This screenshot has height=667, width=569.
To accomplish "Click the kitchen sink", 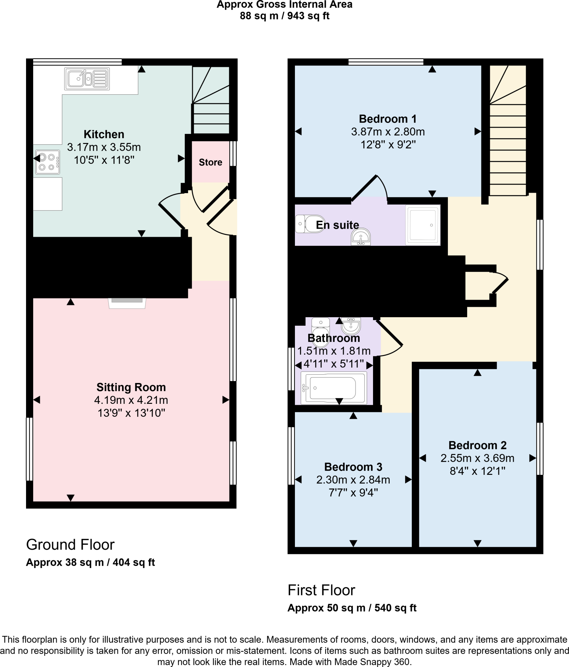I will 87,78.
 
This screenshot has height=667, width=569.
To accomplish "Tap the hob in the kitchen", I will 48,162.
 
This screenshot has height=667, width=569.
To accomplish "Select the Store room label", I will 210,162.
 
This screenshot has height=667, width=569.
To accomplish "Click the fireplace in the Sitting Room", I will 127,303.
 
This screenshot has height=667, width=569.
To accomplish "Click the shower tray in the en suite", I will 423,225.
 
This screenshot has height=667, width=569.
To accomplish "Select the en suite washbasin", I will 361,237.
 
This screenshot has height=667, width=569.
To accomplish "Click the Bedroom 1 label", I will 388,119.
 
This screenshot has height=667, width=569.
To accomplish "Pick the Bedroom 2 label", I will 477,445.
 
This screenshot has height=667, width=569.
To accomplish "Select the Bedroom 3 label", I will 353,467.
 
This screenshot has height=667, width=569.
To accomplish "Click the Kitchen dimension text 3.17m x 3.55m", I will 104,147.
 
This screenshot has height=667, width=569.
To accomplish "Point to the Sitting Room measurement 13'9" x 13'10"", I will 131,413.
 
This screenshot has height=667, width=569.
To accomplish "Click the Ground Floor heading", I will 70,545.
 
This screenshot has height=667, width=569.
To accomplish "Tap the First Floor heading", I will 321,590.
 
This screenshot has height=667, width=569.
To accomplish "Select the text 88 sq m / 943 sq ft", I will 284,16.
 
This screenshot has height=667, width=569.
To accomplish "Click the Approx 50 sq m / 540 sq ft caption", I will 352,608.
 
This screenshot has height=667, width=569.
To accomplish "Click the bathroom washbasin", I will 351,325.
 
